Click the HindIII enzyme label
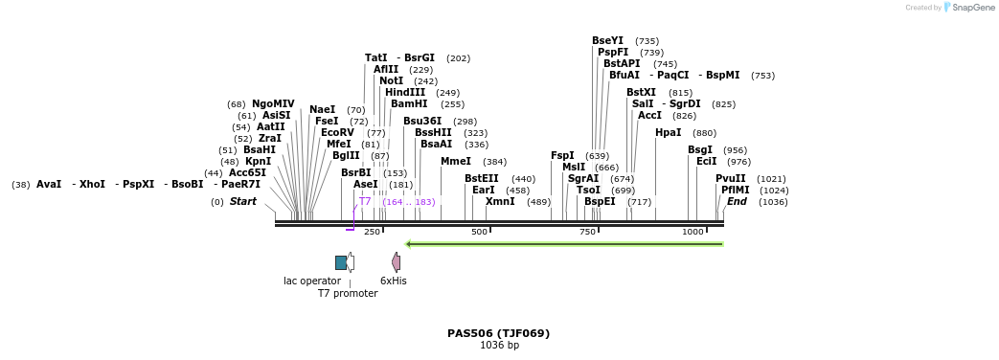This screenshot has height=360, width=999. tap(405, 92)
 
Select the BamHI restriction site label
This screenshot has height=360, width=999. tap(409, 103)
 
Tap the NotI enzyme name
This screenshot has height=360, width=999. tap(391, 80)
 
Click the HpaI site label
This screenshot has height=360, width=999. tap(668, 132)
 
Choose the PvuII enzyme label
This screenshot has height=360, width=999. tap(730, 178)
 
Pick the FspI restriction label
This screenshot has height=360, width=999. tap(562, 155)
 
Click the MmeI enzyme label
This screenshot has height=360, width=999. tap(456, 161)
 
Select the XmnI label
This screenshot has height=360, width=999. tap(500, 201)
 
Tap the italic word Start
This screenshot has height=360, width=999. tap(242, 201)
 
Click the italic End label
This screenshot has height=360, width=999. tap(737, 201)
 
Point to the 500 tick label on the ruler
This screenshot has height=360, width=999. tap(479, 233)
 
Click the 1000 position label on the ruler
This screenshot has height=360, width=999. tap(692, 233)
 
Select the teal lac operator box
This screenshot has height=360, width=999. tap(341, 262)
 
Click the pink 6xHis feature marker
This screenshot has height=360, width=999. tap(396, 262)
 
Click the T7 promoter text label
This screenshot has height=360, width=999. tap(348, 293)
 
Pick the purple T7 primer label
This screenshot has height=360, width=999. tap(365, 201)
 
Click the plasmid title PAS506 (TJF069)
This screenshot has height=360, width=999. tap(499, 333)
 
